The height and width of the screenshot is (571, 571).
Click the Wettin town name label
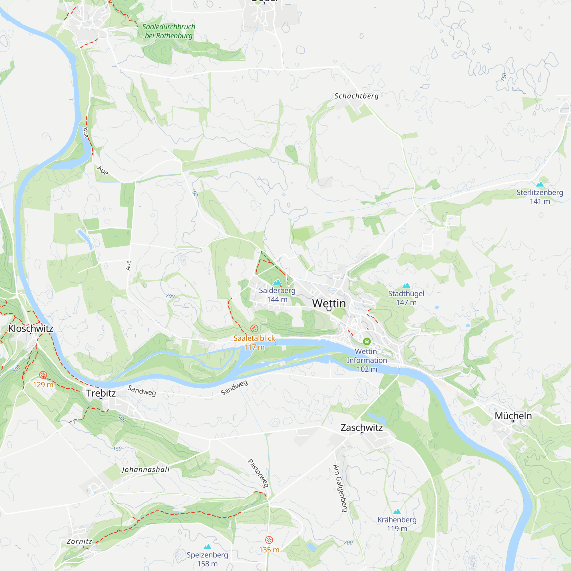point(329,303)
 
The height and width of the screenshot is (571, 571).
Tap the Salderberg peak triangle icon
point(277,282)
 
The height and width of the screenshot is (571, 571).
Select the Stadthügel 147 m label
point(406,298)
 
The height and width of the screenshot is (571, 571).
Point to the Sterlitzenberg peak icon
point(540,184)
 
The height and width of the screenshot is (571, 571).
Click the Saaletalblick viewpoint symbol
point(254,328)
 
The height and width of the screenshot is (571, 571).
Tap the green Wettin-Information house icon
point(367,342)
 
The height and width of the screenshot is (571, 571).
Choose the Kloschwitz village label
point(31,328)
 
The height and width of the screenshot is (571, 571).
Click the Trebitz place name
point(101,393)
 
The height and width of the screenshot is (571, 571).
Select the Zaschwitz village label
point(361,427)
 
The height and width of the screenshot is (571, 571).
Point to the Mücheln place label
point(513,416)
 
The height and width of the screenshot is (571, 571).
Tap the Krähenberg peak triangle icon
point(397,512)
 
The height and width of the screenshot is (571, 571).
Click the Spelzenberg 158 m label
point(207,559)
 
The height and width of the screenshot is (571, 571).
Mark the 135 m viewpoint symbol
point(269,540)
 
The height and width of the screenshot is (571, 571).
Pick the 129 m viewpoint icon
point(43,375)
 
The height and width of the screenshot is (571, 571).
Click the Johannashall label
point(146,470)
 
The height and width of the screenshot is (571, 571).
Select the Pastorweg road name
point(258,473)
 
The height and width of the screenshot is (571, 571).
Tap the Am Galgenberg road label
point(340,488)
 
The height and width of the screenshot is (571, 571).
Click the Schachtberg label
point(356,96)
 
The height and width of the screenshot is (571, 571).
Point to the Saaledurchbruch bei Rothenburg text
point(168,31)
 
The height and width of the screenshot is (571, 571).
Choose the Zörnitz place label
point(79,541)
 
